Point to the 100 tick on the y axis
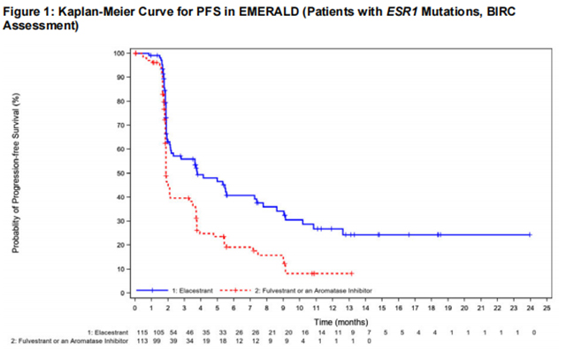click(x=118, y=53)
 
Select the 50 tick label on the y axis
click(x=119, y=172)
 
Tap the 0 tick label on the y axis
click(x=122, y=293)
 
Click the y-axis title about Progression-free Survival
click(x=17, y=173)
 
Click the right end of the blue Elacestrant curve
click(x=530, y=234)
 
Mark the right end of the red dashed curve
click(x=353, y=273)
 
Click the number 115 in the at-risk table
click(x=137, y=331)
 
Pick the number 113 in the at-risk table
click(x=137, y=341)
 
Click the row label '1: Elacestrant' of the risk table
click(x=103, y=331)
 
